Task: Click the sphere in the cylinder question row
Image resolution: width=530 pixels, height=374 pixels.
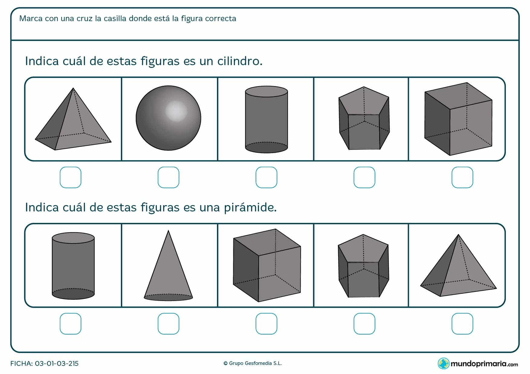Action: pyautogui.click(x=168, y=118)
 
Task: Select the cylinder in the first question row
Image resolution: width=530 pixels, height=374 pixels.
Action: pyautogui.click(x=266, y=120)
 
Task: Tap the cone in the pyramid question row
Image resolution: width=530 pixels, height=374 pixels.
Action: pyautogui.click(x=168, y=266)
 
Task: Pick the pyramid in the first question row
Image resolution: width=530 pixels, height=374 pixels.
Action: pyautogui.click(x=73, y=119)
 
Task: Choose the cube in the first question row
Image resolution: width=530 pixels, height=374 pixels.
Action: pyautogui.click(x=458, y=119)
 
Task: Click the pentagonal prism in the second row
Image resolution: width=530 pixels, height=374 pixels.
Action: pyautogui.click(x=363, y=266)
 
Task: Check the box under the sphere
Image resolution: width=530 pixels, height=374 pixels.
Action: pyautogui.click(x=168, y=177)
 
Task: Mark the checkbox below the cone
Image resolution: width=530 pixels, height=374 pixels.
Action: pyautogui.click(x=168, y=324)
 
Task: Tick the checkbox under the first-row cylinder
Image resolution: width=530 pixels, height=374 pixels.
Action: pyautogui.click(x=266, y=177)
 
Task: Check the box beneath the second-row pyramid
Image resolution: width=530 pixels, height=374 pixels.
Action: pyautogui.click(x=462, y=324)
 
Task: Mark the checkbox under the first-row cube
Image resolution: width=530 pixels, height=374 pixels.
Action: pyautogui.click(x=462, y=177)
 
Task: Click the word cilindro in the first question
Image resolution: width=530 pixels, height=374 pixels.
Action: pyautogui.click(x=240, y=61)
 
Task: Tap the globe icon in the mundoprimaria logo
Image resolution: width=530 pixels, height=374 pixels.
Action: pyautogui.click(x=444, y=363)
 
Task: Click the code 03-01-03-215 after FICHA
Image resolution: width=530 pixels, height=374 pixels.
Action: pyautogui.click(x=57, y=363)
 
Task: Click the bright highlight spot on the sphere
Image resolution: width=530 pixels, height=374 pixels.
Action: pyautogui.click(x=176, y=111)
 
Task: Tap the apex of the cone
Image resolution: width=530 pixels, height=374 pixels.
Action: pyautogui.click(x=168, y=230)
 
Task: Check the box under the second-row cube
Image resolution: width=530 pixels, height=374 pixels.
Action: pyautogui.click(x=266, y=324)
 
